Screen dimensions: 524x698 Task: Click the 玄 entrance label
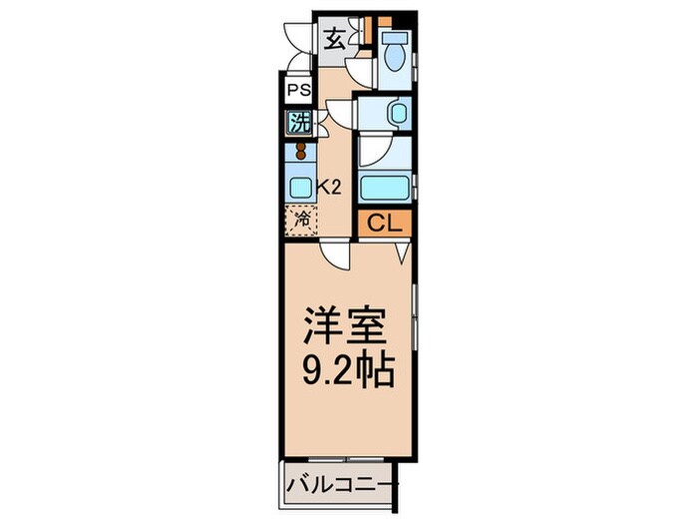[334, 41]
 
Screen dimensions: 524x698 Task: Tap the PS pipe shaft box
[298, 90]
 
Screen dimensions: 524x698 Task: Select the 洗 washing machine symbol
[298, 124]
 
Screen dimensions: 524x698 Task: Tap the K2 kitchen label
[329, 185]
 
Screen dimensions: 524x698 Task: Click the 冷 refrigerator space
[300, 219]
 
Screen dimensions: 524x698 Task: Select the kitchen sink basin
[299, 187]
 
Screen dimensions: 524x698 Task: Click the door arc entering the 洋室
[336, 257]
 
